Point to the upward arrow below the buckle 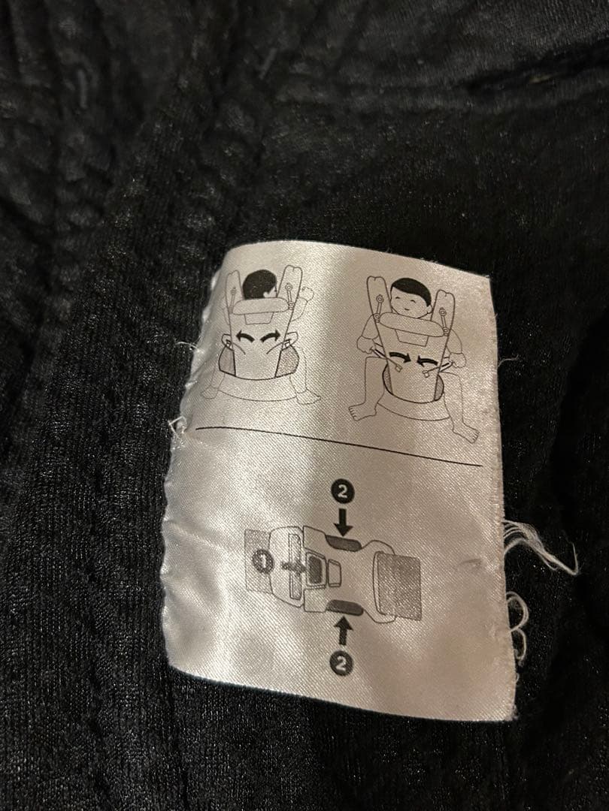(342, 633)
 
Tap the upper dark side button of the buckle (345, 542)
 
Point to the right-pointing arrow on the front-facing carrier (399, 357)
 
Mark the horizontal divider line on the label (338, 446)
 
